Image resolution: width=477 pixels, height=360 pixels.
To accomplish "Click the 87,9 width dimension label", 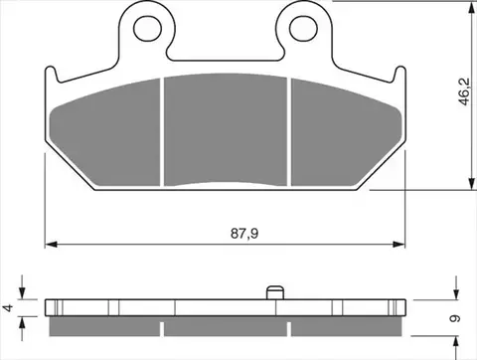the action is (244, 234).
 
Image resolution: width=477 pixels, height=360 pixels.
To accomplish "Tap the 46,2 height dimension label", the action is (464, 91).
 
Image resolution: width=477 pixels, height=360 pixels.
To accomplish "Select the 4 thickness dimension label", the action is (8, 307).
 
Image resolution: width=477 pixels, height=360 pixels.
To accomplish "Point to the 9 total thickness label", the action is (455, 318).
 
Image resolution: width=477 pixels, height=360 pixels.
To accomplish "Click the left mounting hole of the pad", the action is (147, 28).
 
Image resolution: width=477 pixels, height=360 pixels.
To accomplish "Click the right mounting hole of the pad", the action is (303, 28).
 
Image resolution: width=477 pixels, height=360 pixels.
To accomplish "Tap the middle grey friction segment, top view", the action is (226, 129).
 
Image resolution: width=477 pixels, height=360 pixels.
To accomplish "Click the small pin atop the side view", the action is (275, 292).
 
